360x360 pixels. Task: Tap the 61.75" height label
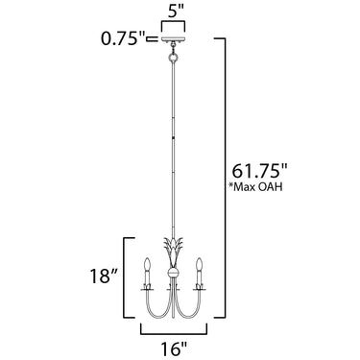pyautogui.click(x=259, y=171)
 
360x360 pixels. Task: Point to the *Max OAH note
pyautogui.click(x=256, y=186)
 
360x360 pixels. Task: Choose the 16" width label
pyautogui.click(x=174, y=348)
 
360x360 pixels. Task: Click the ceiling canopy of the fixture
pyautogui.click(x=173, y=39)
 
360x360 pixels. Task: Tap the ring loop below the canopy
pyautogui.click(x=173, y=59)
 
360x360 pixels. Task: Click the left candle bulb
pyautogui.click(x=147, y=264)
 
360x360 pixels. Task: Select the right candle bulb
pyautogui.click(x=200, y=264)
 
